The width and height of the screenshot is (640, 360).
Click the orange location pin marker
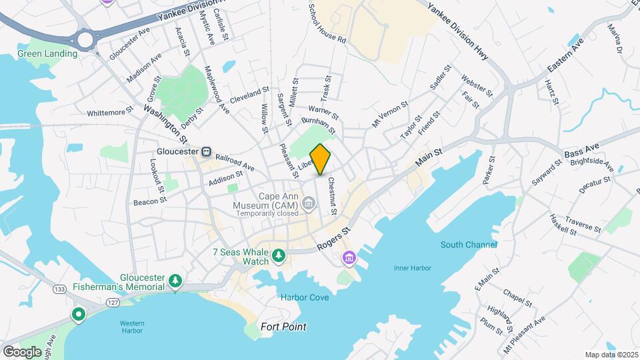point(321,159)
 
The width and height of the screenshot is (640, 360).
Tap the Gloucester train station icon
point(207,151)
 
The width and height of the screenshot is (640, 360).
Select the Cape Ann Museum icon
point(309,202)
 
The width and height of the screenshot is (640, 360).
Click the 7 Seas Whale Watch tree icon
point(278,255)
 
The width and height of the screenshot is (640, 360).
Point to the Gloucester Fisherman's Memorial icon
point(175,281)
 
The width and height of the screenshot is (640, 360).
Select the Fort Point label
point(283,327)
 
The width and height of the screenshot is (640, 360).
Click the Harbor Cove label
point(304,297)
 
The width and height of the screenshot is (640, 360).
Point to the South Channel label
point(469,245)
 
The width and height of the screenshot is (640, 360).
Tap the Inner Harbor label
point(412,268)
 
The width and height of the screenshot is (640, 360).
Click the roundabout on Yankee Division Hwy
point(85,39)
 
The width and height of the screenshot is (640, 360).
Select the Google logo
point(22,351)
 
